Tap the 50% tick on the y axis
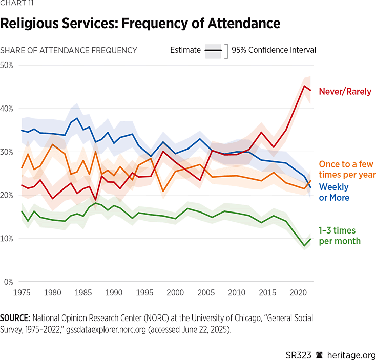coord(7,65)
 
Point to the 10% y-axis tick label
coord(7,239)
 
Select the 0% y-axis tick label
coord(8,282)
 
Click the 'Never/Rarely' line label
coord(345,92)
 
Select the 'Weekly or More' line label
coord(334,193)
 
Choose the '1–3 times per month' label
coord(340,236)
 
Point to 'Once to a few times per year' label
coord(347,170)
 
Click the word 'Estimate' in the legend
coord(185,50)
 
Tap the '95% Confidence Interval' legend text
coord(274,50)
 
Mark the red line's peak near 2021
coord(305,86)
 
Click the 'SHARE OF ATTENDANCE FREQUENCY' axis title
coord(69,50)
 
